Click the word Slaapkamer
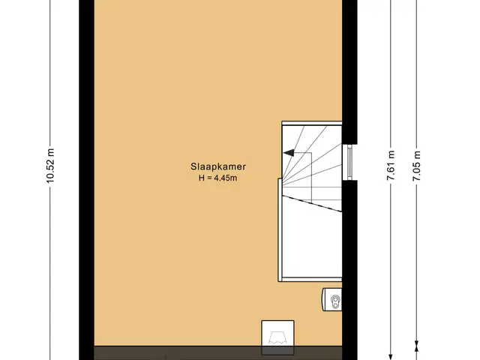click(218, 166)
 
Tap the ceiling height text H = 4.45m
click(217, 178)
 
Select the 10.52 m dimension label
click(50, 166)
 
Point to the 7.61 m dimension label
click(391, 165)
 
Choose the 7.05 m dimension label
click(417, 165)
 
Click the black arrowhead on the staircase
click(289, 152)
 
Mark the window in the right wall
click(349, 162)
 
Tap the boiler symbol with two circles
click(331, 300)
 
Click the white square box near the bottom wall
click(277, 334)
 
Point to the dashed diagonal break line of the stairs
click(312, 203)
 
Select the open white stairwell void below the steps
click(312, 241)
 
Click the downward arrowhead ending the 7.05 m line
click(417, 345)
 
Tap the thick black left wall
click(86, 180)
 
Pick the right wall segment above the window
click(349, 72)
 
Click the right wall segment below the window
click(349, 270)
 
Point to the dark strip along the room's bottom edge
click(218, 353)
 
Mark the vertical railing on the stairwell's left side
click(280, 229)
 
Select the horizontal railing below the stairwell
click(310, 280)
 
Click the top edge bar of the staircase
click(312, 123)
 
